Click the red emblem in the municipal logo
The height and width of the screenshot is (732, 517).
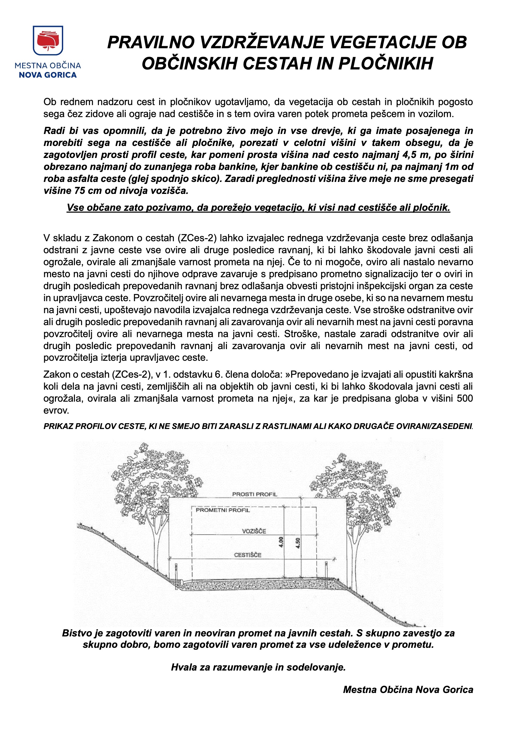pyautogui.click(x=48, y=41)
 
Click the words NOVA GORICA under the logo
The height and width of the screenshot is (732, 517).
pyautogui.click(x=48, y=75)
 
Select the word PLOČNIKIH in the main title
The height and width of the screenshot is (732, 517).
pyautogui.click(x=386, y=63)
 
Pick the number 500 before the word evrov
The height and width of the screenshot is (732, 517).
pyautogui.click(x=465, y=399)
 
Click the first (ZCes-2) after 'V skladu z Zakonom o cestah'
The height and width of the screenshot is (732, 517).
pyautogui.click(x=197, y=238)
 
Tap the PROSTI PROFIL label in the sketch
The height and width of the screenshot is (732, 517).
pyautogui.click(x=255, y=494)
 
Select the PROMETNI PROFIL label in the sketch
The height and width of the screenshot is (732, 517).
pyautogui.click(x=223, y=510)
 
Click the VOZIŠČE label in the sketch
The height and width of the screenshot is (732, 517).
pyautogui.click(x=254, y=531)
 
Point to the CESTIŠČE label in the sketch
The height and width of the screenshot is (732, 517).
pyautogui.click(x=247, y=555)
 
